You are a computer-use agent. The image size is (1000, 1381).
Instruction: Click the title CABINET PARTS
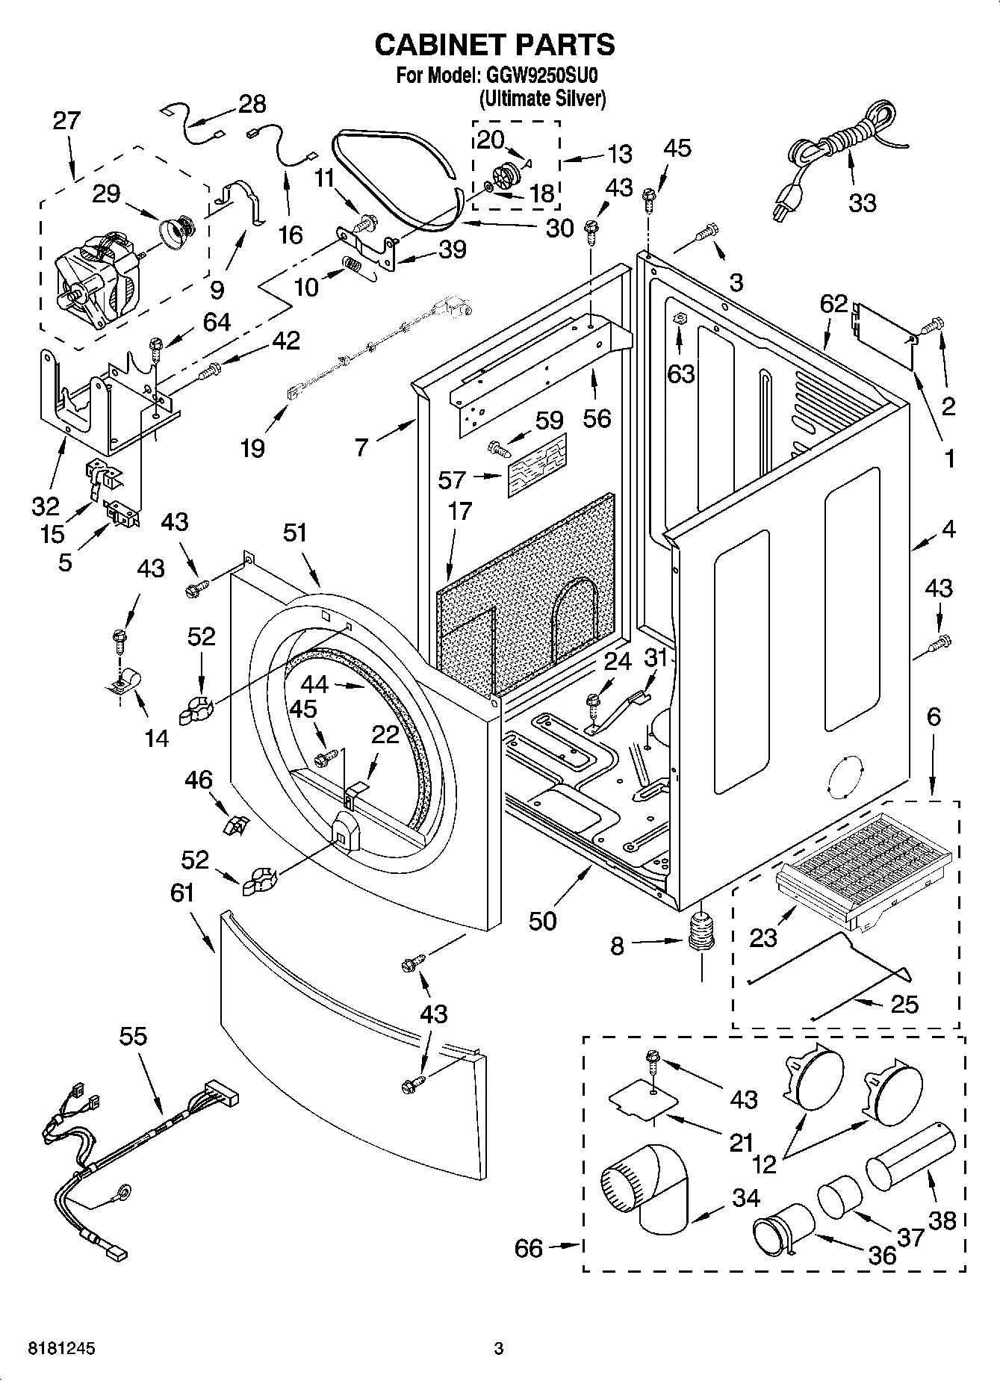click(x=494, y=45)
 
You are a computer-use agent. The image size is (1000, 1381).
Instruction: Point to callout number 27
click(x=66, y=121)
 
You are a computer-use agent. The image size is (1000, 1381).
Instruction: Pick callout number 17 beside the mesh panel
click(x=460, y=511)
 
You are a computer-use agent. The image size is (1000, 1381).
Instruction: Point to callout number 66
click(x=529, y=1248)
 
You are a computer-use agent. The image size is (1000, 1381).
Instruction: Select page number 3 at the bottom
click(x=499, y=1349)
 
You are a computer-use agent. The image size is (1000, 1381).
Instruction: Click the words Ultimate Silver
click(x=541, y=99)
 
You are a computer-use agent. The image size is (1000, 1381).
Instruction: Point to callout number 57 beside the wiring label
click(x=453, y=480)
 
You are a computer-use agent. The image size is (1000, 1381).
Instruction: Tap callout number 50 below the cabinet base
click(x=542, y=921)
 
